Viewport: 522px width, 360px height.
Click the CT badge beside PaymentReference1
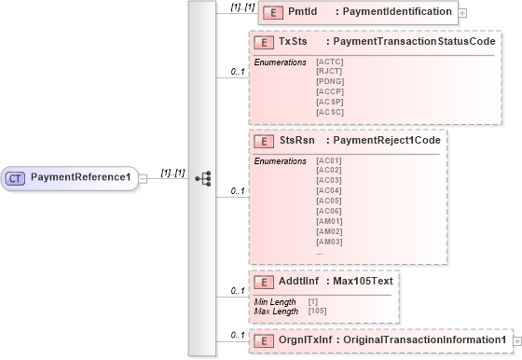coord(17,177)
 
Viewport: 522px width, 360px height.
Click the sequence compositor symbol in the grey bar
coord(202,177)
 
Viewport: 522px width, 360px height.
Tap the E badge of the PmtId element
coord(271,12)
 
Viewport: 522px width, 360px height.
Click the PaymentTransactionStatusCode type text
coord(414,43)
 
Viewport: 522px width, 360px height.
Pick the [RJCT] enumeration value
coord(329,71)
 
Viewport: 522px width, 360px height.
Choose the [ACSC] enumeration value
coord(329,112)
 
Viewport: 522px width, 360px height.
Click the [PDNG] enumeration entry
coord(329,81)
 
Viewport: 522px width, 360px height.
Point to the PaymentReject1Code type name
coord(384,140)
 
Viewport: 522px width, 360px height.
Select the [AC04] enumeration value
coord(329,190)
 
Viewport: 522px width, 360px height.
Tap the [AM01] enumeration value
coord(329,221)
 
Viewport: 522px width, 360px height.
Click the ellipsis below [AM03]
coord(320,252)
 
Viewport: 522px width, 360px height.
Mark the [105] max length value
coord(317,312)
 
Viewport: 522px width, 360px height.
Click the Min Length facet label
coord(275,302)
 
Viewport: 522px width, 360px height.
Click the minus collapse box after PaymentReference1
coord(143,177)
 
